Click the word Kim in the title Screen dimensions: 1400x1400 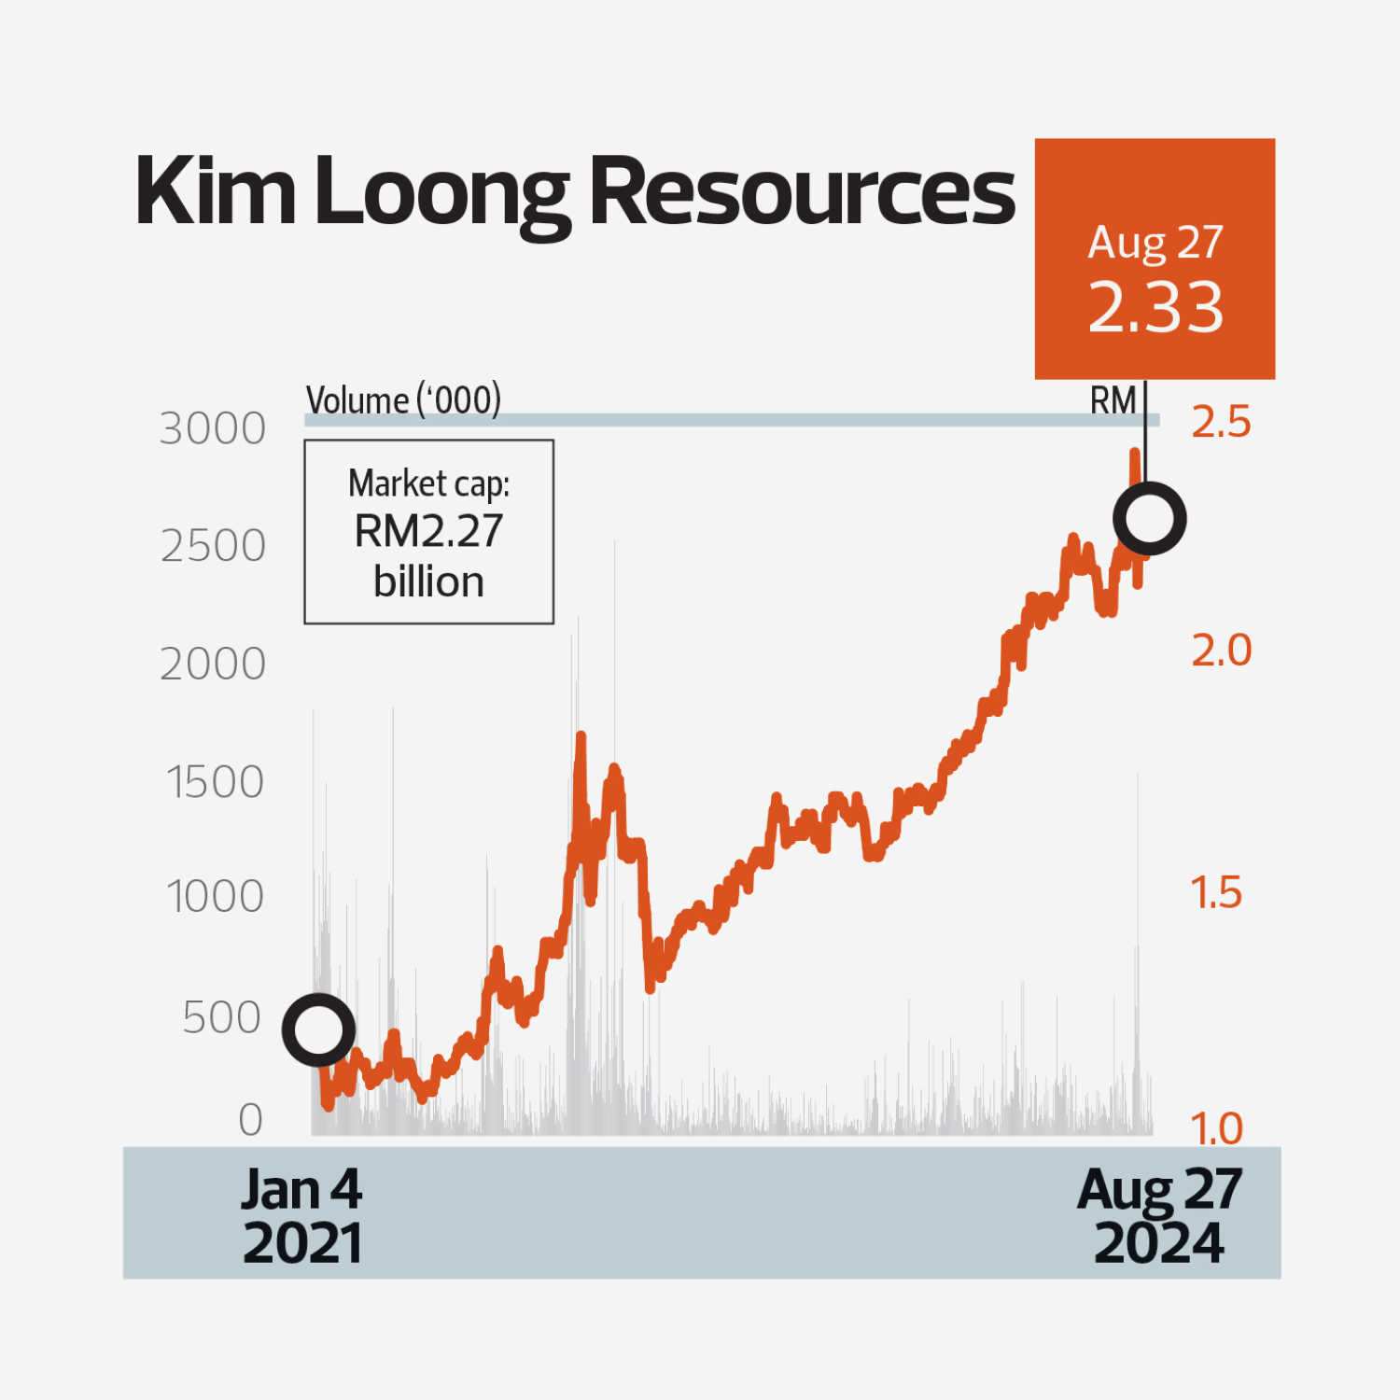click(216, 191)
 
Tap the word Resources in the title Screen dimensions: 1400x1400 click(802, 191)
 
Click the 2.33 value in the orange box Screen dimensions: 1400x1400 click(1155, 307)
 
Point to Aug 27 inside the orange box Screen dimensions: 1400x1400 click(1155, 243)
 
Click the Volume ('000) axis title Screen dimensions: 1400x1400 click(403, 400)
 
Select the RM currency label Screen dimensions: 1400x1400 click(1113, 401)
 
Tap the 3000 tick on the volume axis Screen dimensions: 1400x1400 click(213, 429)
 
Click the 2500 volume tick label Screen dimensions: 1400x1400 click(213, 546)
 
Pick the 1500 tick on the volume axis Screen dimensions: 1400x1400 click(215, 782)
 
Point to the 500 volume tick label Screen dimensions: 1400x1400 click(221, 1017)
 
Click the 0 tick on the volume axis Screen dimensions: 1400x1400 click(250, 1120)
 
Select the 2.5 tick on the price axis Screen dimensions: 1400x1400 click(1221, 423)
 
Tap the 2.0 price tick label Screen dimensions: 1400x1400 click(1221, 651)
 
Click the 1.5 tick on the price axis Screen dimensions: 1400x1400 click(1216, 893)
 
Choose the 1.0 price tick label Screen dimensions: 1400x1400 click(1216, 1129)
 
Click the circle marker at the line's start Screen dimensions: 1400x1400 click(318, 1030)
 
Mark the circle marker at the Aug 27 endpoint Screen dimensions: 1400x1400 click(1149, 519)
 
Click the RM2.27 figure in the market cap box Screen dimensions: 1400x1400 click(428, 532)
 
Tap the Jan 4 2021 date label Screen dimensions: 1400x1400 click(301, 1216)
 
